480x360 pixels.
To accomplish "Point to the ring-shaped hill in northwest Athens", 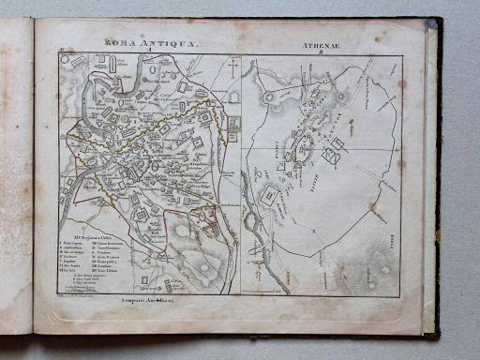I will pos(269,97).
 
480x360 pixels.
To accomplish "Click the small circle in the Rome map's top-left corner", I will pos(65,59).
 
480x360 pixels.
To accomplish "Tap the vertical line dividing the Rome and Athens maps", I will pos(241,169).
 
